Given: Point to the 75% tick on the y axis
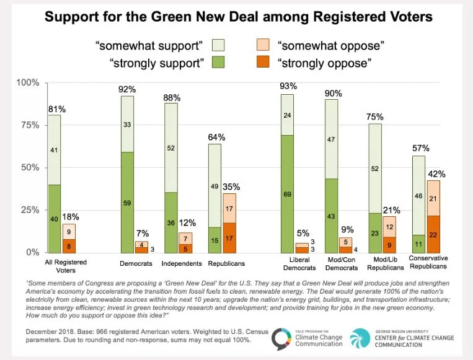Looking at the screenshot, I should point(29,125).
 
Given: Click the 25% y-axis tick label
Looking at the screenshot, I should point(29,210).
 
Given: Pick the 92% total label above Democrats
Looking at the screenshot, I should point(127,89).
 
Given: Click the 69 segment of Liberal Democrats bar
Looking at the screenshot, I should point(287,194).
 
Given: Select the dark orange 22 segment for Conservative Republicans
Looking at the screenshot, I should point(416,234).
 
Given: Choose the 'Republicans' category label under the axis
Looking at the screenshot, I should point(223,263).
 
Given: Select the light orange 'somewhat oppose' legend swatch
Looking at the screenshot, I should point(263,45).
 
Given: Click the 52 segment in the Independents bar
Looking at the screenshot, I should point(172,147).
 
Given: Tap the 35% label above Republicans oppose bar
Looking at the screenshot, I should point(231,186).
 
